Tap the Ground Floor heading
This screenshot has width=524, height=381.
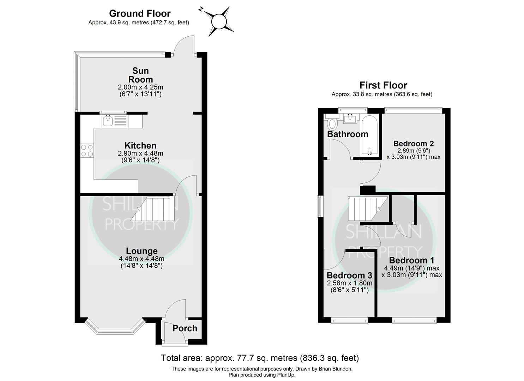pyautogui.click(x=140, y=13)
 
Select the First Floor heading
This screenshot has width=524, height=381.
pyautogui.click(x=383, y=85)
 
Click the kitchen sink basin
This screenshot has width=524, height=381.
pyautogui.click(x=108, y=121)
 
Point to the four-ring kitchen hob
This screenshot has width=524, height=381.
pyautogui.click(x=87, y=150)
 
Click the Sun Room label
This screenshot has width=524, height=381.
pyautogui.click(x=140, y=75)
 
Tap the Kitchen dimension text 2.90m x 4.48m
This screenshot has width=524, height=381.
pyautogui.click(x=140, y=153)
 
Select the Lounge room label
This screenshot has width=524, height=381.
pyautogui.click(x=142, y=251)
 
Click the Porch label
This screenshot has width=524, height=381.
pyautogui.click(x=185, y=328)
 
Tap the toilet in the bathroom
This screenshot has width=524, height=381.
pyautogui.click(x=332, y=123)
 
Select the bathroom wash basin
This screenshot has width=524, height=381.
pyautogui.click(x=351, y=118)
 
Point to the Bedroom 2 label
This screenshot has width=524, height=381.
pyautogui.click(x=414, y=143)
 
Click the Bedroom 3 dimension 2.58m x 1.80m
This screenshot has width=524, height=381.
pyautogui.click(x=349, y=283)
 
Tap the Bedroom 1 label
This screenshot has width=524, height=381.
pyautogui.click(x=412, y=260)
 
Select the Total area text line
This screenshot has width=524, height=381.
pyautogui.click(x=260, y=358)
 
